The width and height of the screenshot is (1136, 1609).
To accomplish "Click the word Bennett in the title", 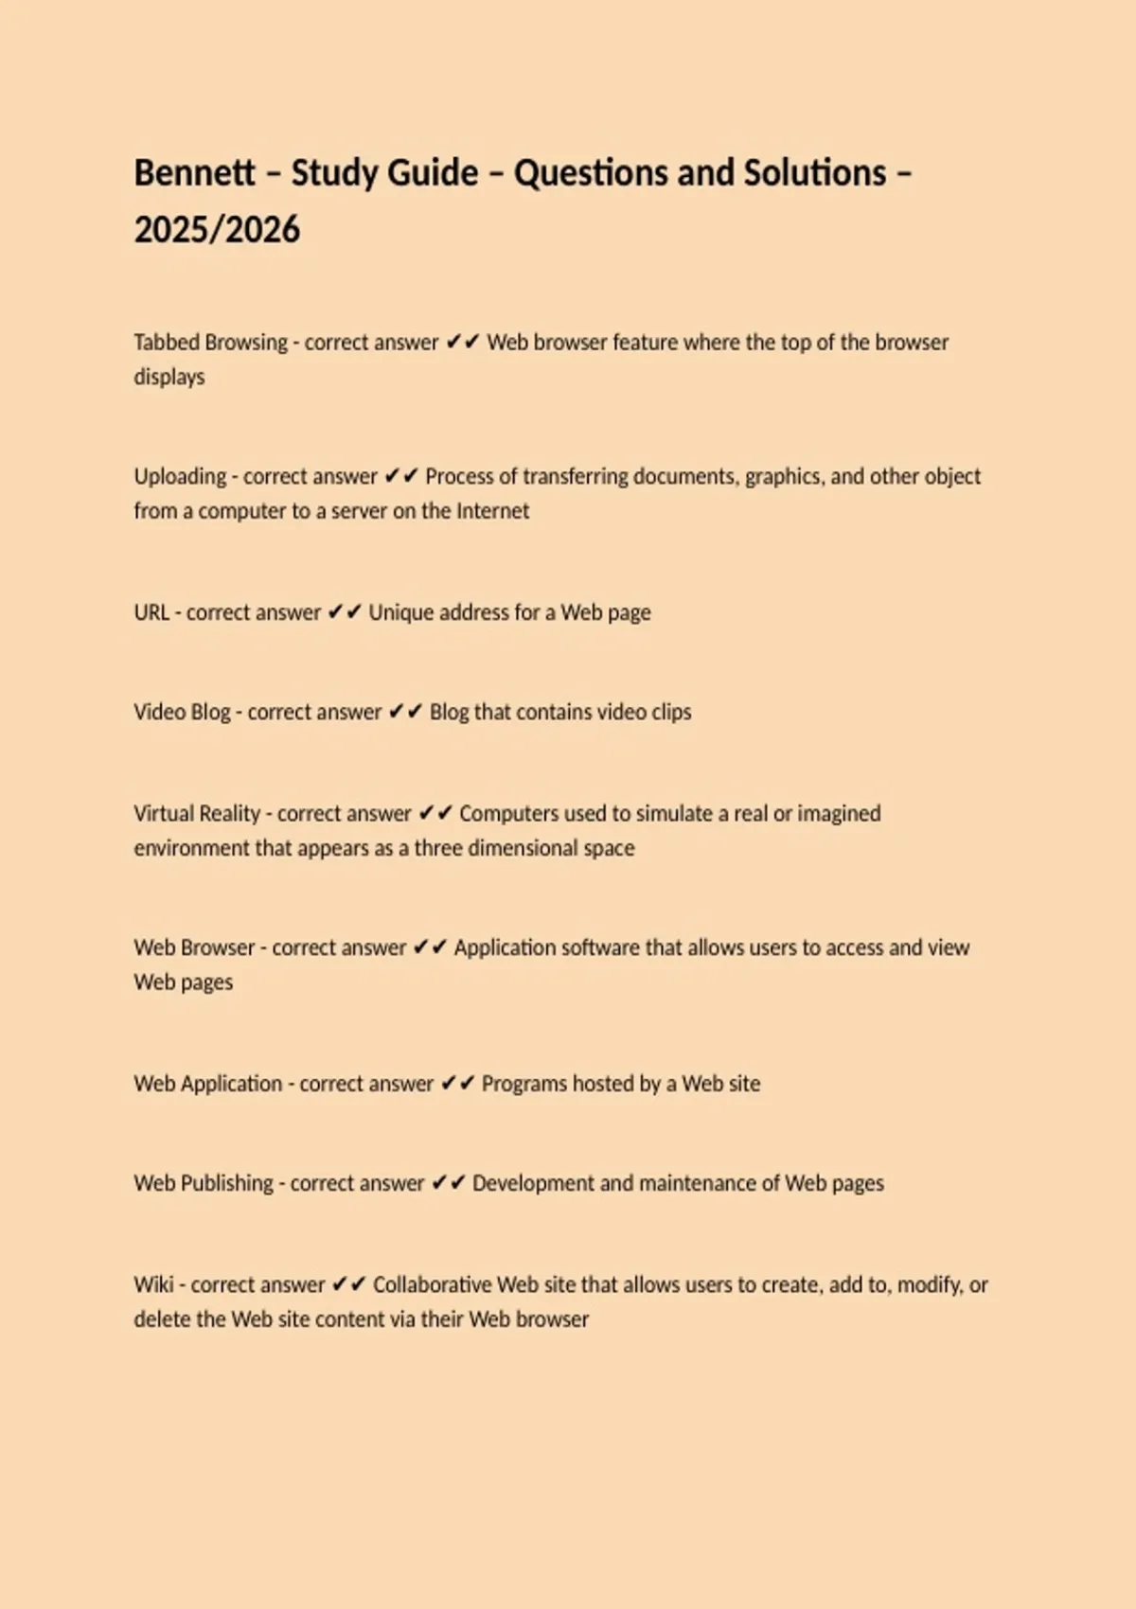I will [194, 173].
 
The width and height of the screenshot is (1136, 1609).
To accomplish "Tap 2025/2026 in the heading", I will [217, 230].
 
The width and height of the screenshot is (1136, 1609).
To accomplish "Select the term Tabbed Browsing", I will [210, 342].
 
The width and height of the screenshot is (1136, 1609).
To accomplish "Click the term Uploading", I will [180, 476].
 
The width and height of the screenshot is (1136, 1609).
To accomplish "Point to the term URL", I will [151, 612].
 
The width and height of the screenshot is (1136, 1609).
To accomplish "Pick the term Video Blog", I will [182, 712].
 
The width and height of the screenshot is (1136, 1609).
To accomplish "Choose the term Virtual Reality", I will [197, 813].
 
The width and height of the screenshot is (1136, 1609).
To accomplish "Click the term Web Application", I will [208, 1083].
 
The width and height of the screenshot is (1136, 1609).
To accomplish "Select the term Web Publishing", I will [204, 1183].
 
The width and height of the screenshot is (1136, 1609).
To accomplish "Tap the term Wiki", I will [153, 1284].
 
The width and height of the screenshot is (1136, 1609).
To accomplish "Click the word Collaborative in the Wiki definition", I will [431, 1284].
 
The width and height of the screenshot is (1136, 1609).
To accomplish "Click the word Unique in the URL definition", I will [399, 612].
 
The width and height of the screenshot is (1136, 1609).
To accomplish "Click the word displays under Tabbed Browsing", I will [169, 377].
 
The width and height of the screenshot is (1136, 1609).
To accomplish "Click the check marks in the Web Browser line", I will [430, 947].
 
